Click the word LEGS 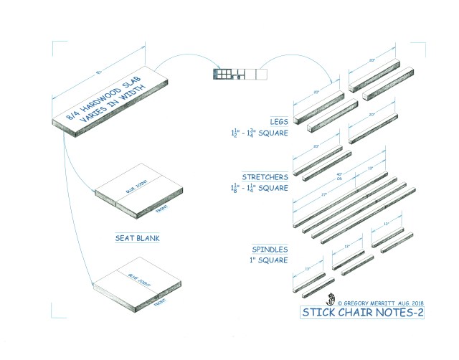pyautogui.click(x=278, y=121)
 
